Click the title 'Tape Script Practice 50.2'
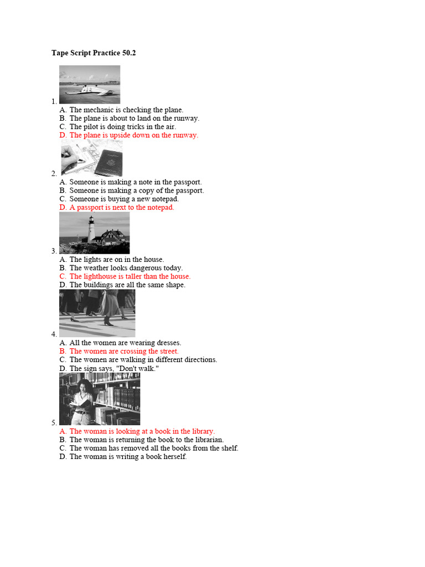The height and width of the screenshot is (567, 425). (94, 53)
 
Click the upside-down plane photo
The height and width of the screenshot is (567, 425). (90, 85)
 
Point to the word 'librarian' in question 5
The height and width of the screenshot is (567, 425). (206, 440)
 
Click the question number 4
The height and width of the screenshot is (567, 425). (54, 334)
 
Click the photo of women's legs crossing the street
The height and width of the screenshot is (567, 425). (97, 313)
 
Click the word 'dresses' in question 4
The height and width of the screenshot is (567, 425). (167, 343)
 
